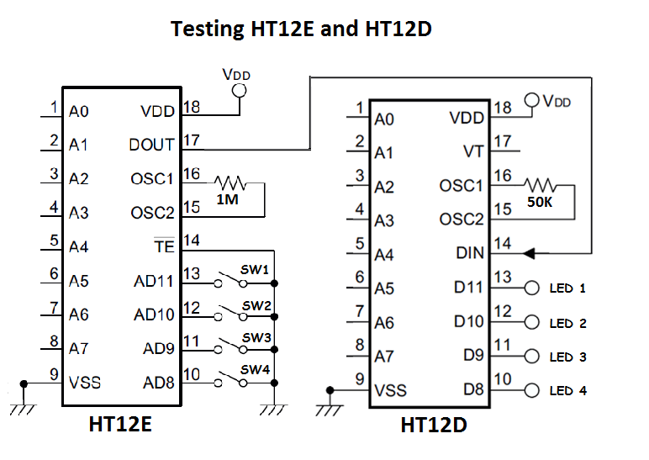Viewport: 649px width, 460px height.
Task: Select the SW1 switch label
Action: point(255,269)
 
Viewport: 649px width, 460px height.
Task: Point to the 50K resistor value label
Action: point(541,202)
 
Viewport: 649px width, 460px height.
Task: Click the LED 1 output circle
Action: point(530,288)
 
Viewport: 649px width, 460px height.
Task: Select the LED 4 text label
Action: point(567,391)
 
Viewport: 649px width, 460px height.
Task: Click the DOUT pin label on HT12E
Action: point(151,145)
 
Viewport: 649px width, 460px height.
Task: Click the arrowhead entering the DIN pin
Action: point(529,252)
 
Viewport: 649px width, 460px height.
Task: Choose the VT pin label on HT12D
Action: point(473,151)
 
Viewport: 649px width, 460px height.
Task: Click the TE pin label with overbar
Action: point(164,247)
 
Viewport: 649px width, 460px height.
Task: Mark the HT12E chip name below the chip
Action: point(119,425)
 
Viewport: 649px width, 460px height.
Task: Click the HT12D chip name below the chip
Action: point(433,425)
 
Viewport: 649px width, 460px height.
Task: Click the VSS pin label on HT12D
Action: point(391,389)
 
